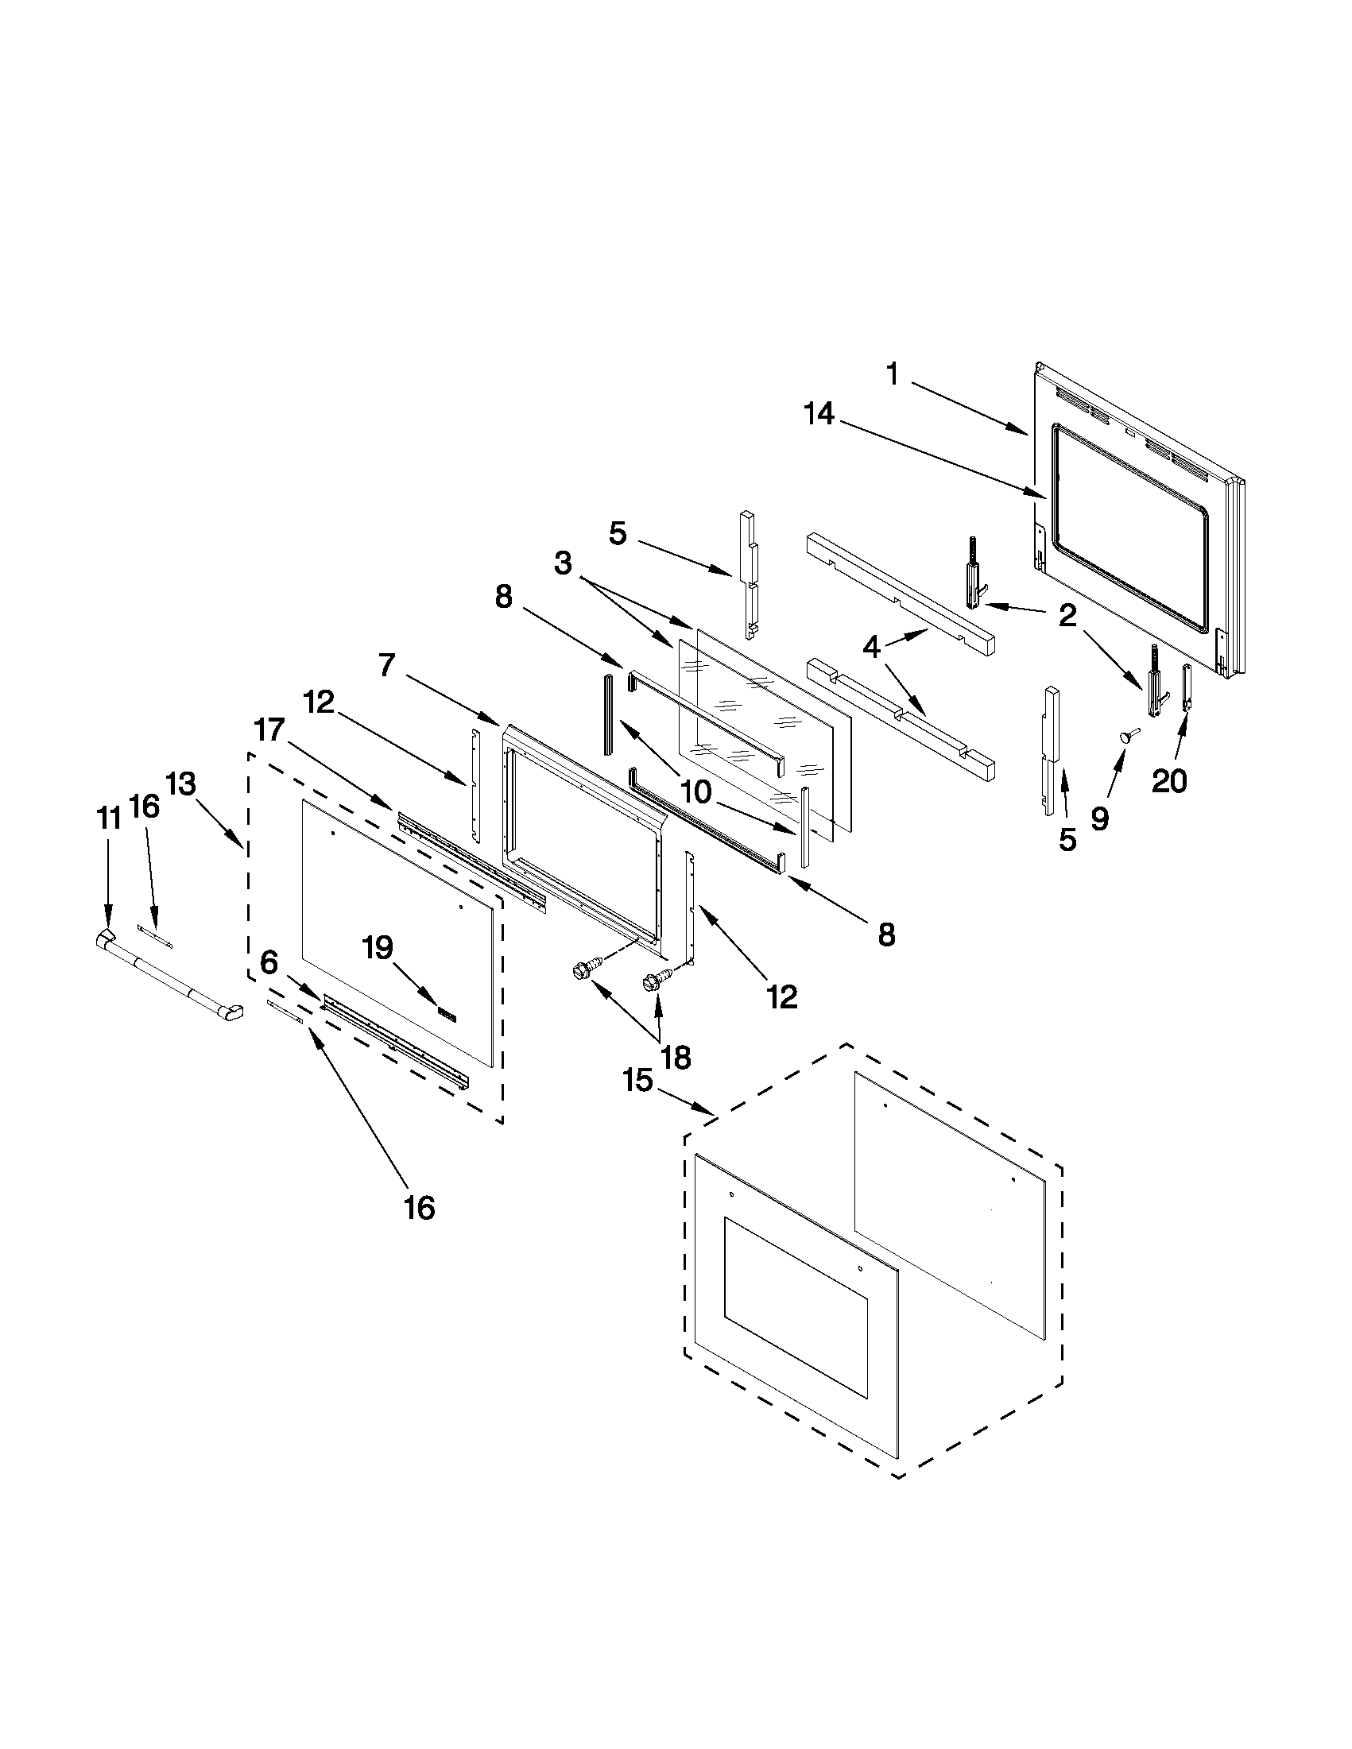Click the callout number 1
tap(893, 375)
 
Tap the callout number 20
tap(1168, 781)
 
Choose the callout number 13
tap(181, 785)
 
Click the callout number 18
tap(676, 1058)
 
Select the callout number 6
tap(269, 961)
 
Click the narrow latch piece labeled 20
tap(1187, 687)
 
